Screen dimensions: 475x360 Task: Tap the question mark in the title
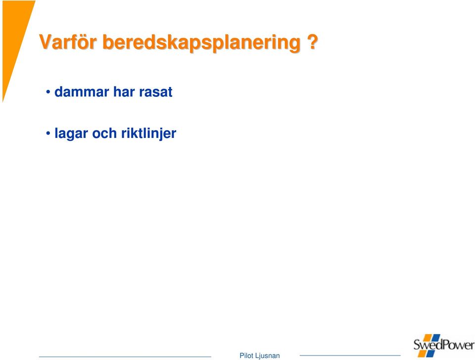(312, 42)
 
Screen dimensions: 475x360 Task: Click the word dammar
(82, 92)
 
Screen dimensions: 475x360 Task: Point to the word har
(124, 92)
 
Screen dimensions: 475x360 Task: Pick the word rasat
(156, 92)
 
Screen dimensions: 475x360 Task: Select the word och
(104, 133)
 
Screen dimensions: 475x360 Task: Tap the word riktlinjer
(149, 134)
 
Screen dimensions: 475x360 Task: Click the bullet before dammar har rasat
(48, 91)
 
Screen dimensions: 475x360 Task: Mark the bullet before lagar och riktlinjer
(48, 133)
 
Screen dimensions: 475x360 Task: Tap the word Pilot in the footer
(246, 356)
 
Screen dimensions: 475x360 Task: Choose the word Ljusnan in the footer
(268, 356)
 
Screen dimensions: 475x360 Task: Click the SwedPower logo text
(444, 345)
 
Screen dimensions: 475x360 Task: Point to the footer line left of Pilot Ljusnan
(125, 357)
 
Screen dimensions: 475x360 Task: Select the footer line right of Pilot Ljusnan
(350, 356)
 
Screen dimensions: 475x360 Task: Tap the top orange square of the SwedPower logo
(427, 338)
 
